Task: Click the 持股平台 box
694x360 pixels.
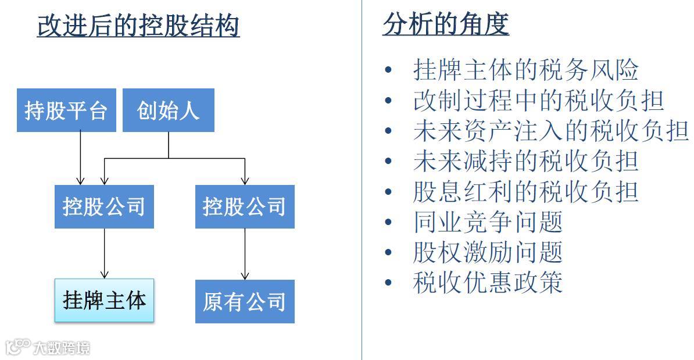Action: coord(66,110)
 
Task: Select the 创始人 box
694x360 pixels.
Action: coord(169,110)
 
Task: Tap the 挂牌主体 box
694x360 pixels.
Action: coord(105,300)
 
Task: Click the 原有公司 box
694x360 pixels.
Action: coord(245,301)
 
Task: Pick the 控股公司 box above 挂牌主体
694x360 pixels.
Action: coord(104,206)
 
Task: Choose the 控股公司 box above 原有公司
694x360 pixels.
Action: coord(245,206)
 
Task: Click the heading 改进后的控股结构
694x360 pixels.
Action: coord(138,26)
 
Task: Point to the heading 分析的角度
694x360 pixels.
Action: coord(446,24)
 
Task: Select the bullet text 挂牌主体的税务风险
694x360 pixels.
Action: coord(526,70)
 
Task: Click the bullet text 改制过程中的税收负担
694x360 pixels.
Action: coord(539,100)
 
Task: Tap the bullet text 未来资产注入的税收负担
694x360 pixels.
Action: coord(551,131)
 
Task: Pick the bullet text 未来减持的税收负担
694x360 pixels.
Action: coord(526,161)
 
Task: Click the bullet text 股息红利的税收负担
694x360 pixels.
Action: coord(526,191)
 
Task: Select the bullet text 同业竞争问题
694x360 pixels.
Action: coord(488,222)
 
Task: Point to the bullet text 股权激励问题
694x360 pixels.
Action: coord(488,252)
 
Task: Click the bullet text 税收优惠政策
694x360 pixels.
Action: coord(488,283)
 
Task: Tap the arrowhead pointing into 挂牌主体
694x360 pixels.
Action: coord(105,275)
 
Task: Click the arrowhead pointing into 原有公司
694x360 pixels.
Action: coord(245,275)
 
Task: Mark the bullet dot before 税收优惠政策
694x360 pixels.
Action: coord(389,283)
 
